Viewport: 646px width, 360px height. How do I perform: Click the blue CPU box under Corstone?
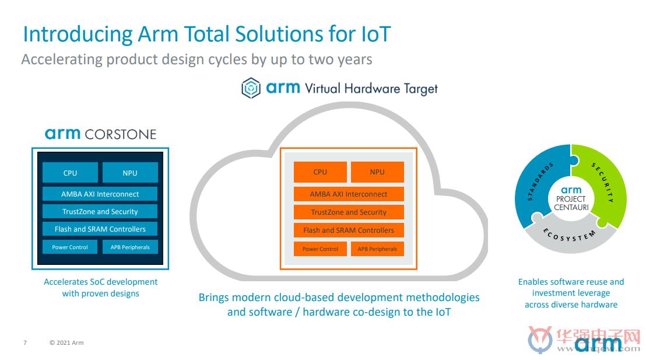click(70, 172)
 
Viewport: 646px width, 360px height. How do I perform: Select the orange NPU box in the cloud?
click(377, 172)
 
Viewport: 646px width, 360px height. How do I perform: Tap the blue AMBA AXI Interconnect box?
click(100, 194)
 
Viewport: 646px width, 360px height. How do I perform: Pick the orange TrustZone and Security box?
click(349, 212)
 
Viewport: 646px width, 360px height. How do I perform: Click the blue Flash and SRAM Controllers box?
click(100, 229)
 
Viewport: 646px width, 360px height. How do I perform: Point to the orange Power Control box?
click(320, 249)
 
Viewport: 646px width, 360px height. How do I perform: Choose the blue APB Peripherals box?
click(130, 247)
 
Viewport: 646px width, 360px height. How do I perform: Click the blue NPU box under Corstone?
click(130, 172)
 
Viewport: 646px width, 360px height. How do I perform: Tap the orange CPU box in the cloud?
click(320, 172)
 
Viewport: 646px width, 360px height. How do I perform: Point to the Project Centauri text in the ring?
click(571, 198)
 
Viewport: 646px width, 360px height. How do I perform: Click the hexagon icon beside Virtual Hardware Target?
click(251, 88)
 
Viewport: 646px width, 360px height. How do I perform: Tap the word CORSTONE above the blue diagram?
click(120, 134)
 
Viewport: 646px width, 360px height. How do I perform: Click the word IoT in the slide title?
click(375, 34)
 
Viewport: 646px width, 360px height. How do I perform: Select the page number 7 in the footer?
click(25, 342)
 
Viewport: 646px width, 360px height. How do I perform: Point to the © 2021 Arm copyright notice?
click(66, 342)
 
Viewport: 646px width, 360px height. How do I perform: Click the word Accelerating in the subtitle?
click(62, 60)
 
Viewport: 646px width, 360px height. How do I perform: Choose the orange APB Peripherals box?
click(377, 249)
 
